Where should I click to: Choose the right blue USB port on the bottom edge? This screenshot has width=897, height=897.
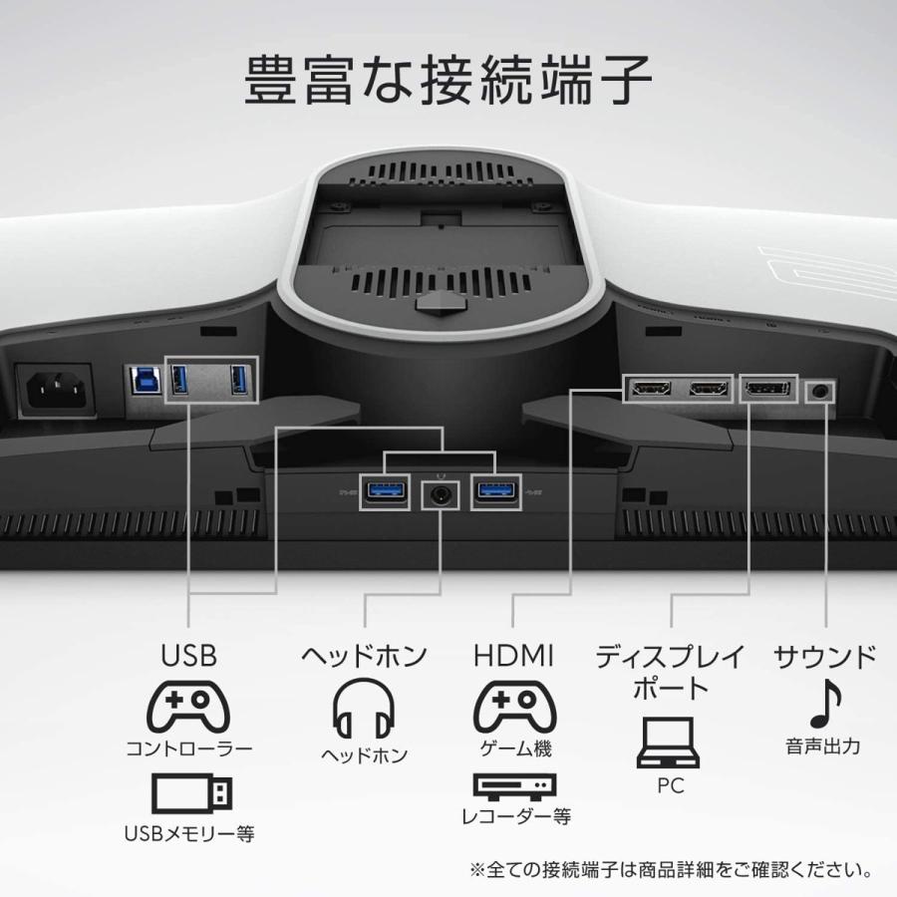[x=494, y=491]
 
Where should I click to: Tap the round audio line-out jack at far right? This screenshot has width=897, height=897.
[x=819, y=390]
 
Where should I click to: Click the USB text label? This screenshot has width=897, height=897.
[x=188, y=656]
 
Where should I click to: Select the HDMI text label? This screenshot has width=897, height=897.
[x=513, y=656]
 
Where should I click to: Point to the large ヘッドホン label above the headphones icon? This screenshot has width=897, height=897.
[x=364, y=656]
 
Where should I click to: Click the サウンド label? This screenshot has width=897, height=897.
[x=825, y=656]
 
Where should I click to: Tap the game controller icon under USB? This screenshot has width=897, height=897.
[x=188, y=705]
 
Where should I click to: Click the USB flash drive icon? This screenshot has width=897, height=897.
[x=192, y=793]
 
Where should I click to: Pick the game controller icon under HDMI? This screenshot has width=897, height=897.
[x=513, y=705]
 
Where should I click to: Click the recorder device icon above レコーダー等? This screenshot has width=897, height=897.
[x=514, y=788]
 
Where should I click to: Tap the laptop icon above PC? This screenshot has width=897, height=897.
[x=670, y=744]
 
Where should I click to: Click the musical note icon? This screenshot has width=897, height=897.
[x=825, y=704]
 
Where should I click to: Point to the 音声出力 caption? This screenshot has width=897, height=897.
[x=823, y=746]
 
